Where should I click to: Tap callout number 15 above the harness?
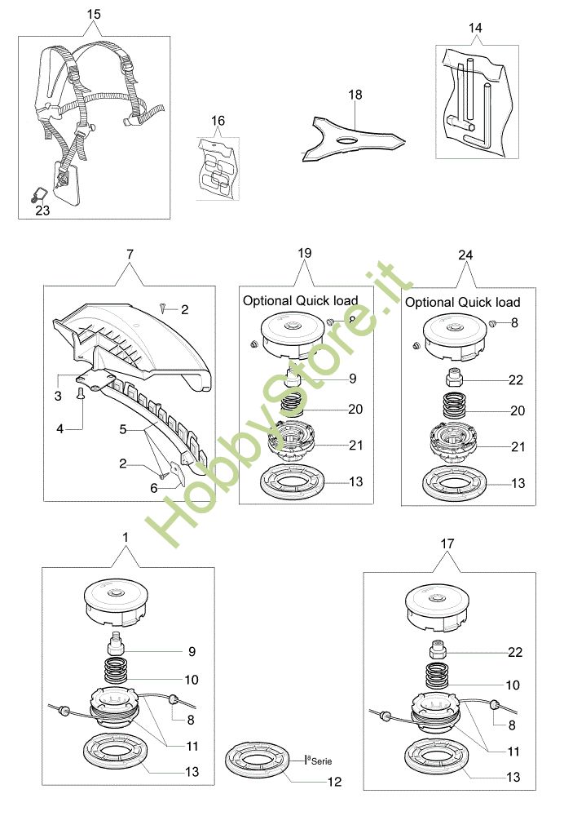point(94,14)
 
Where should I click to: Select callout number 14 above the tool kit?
point(475,28)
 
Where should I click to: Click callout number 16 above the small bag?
point(218,121)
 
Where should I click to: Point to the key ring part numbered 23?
point(37,195)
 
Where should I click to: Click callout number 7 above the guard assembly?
point(130,254)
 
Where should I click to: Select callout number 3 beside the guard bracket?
point(58,396)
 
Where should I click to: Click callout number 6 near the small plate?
point(154,488)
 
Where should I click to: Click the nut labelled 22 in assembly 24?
point(453,378)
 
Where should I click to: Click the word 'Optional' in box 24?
point(430,303)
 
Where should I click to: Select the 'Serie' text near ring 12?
point(321,761)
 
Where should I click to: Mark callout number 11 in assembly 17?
point(513,752)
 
